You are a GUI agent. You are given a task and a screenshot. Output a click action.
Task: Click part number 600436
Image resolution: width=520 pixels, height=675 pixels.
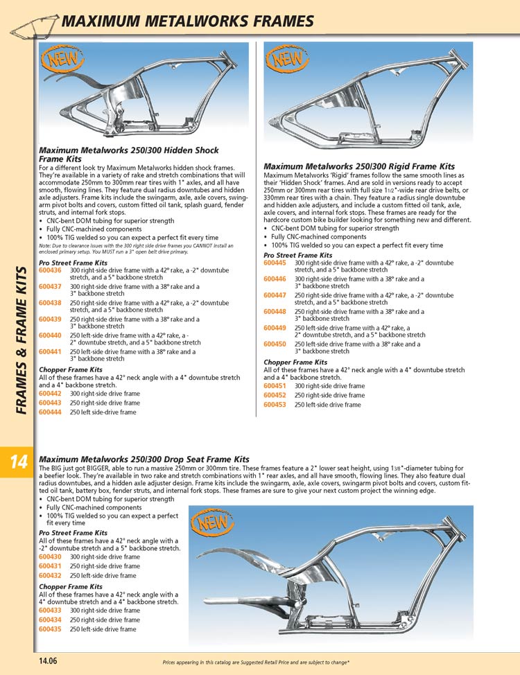pyautogui.click(x=50, y=270)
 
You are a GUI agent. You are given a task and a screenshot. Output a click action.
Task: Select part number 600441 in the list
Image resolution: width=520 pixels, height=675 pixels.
pyautogui.click(x=50, y=352)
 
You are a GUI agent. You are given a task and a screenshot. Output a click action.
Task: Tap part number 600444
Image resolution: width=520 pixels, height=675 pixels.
pyautogui.click(x=50, y=412)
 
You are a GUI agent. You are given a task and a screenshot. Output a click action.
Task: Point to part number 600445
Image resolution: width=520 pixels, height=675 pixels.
pyautogui.click(x=275, y=263)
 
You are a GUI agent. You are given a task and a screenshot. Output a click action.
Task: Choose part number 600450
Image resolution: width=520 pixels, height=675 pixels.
pyautogui.click(x=275, y=344)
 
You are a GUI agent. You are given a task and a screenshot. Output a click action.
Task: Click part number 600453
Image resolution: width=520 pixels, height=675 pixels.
pyautogui.click(x=275, y=405)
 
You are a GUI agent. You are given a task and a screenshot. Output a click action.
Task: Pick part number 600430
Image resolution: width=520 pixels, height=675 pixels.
pyautogui.click(x=50, y=556)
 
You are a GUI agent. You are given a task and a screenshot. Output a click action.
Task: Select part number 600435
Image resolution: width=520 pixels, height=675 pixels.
pyautogui.click(x=50, y=629)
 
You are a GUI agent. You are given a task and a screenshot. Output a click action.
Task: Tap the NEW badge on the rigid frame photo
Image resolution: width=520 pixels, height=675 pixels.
pyautogui.click(x=284, y=60)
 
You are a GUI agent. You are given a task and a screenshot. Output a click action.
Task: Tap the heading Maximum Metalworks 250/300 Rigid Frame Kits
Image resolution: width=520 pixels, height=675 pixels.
pyautogui.click(x=359, y=166)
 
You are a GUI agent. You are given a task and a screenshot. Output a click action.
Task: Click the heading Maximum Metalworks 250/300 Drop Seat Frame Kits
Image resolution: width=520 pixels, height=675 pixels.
pyautogui.click(x=144, y=459)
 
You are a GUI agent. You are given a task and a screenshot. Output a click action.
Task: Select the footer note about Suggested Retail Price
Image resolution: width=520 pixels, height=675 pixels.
pyautogui.click(x=256, y=663)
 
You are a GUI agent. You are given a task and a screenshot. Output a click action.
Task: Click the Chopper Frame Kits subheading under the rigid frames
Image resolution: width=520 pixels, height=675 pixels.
pyautogui.click(x=295, y=362)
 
